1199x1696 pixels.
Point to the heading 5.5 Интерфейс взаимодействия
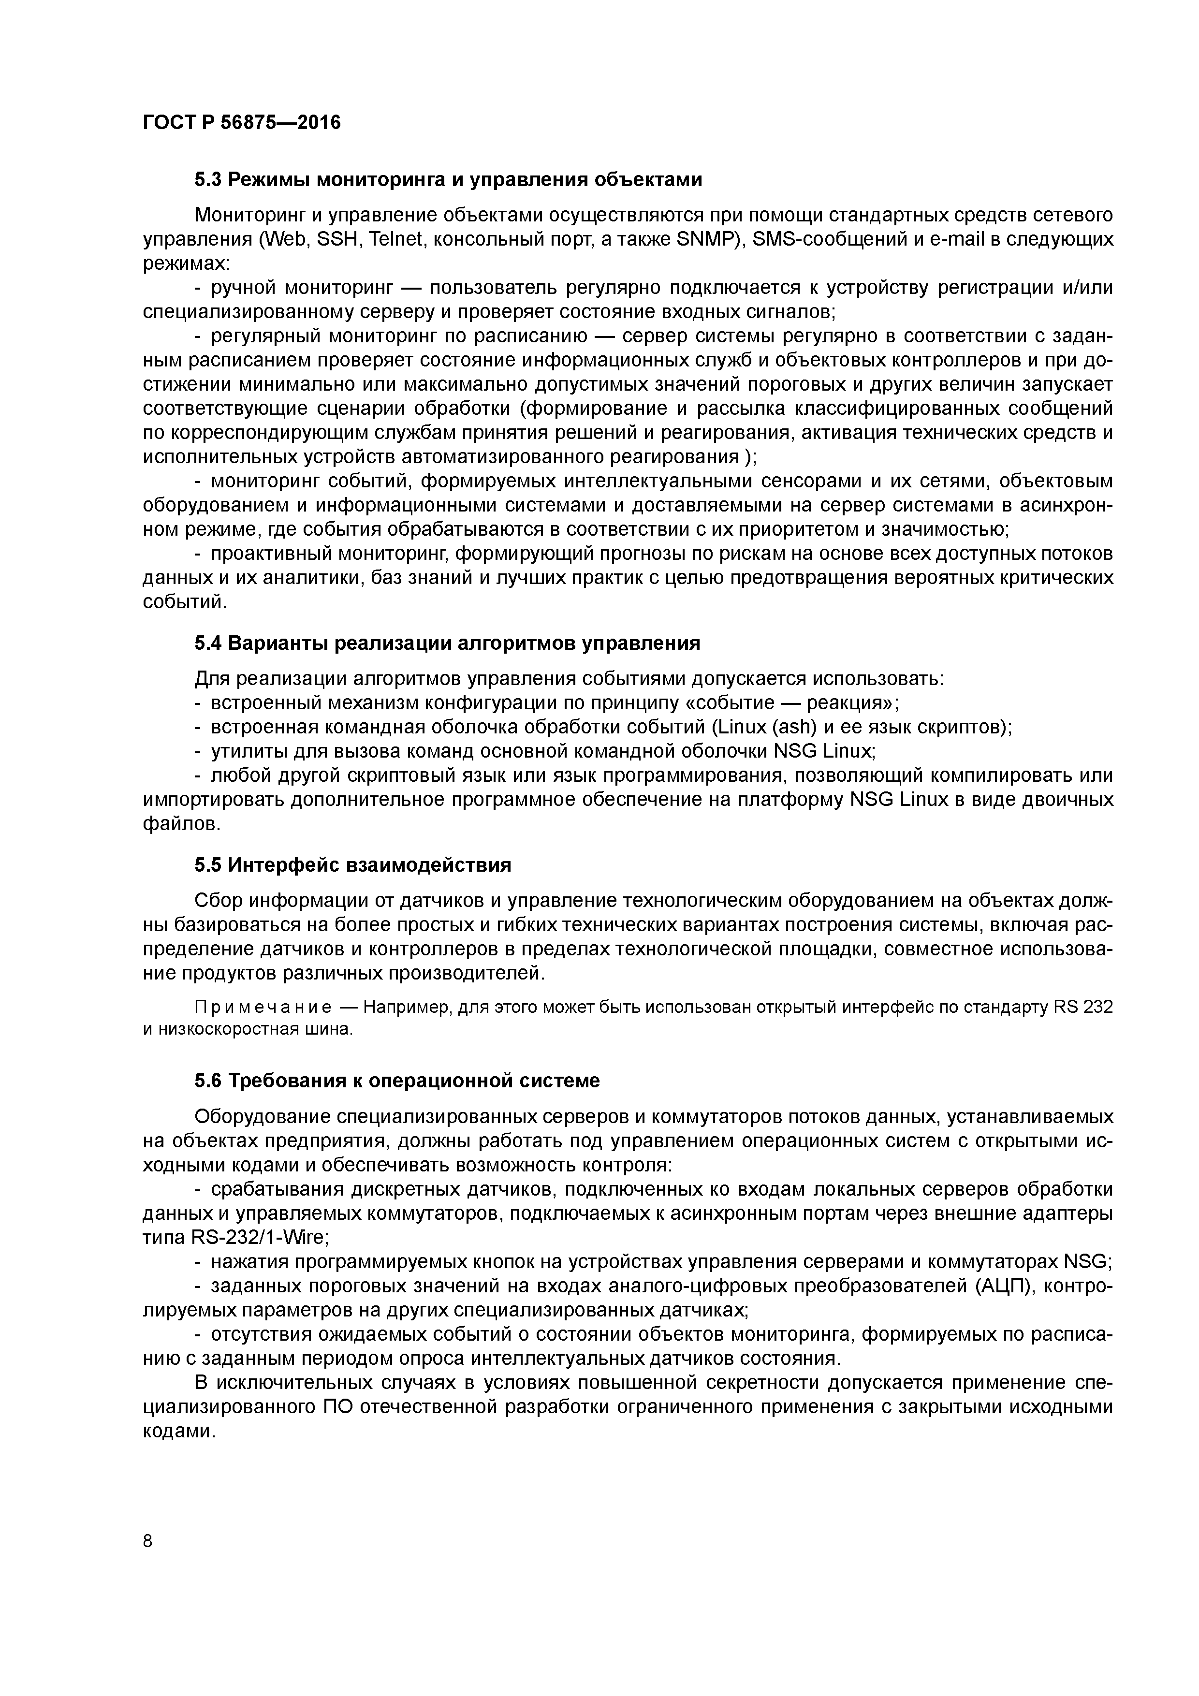click(x=353, y=864)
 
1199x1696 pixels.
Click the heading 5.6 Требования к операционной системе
click(x=397, y=1081)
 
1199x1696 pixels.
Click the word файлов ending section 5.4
click(x=181, y=824)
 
